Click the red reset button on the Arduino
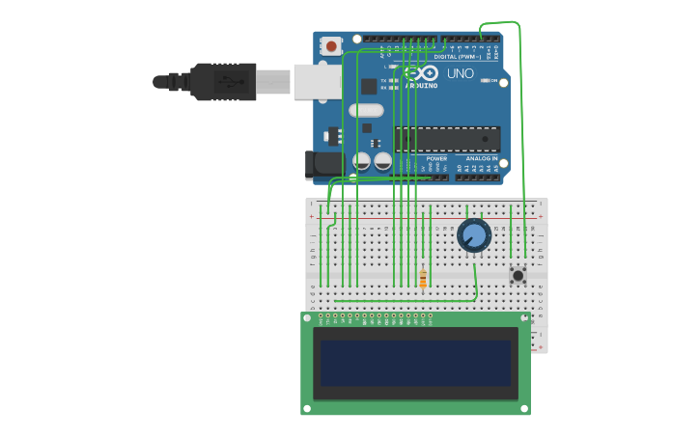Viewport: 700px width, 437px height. (331, 45)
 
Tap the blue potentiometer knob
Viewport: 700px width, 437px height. (473, 234)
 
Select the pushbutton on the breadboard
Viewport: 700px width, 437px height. (518, 276)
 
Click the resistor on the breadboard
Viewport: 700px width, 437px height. (423, 279)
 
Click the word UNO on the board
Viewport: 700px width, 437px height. (461, 73)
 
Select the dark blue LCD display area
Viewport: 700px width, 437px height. (415, 363)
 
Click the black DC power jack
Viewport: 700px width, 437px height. (322, 165)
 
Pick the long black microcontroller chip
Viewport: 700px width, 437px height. (447, 139)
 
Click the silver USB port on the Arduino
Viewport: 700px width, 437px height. (317, 82)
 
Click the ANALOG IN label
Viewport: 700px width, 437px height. (482, 158)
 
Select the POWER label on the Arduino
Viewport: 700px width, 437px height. (436, 158)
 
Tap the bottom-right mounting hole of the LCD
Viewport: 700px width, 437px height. (524, 408)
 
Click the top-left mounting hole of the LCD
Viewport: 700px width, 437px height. (308, 317)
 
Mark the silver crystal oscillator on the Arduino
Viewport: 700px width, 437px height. (366, 110)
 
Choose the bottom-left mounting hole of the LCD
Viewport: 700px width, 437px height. (308, 408)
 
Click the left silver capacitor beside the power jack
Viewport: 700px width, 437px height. (361, 161)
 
